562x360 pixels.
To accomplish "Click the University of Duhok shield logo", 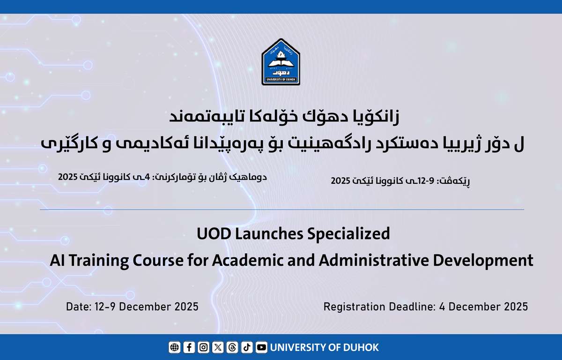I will (281, 62).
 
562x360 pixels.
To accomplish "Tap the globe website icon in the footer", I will (174, 347).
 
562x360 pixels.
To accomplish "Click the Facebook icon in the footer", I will (189, 347).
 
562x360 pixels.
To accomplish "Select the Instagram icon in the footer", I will (203, 347).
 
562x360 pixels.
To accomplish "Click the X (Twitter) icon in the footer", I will (218, 347).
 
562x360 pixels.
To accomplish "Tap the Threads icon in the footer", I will (232, 347).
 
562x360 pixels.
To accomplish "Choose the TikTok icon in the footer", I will (247, 347).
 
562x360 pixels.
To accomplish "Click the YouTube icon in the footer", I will (261, 347).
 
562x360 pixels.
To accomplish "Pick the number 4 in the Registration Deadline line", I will (442, 307).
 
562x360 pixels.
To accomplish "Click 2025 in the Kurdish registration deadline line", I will (68, 177).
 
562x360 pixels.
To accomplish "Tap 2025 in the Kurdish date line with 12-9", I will (341, 180).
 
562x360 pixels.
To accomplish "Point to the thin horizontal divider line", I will (281, 210).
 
